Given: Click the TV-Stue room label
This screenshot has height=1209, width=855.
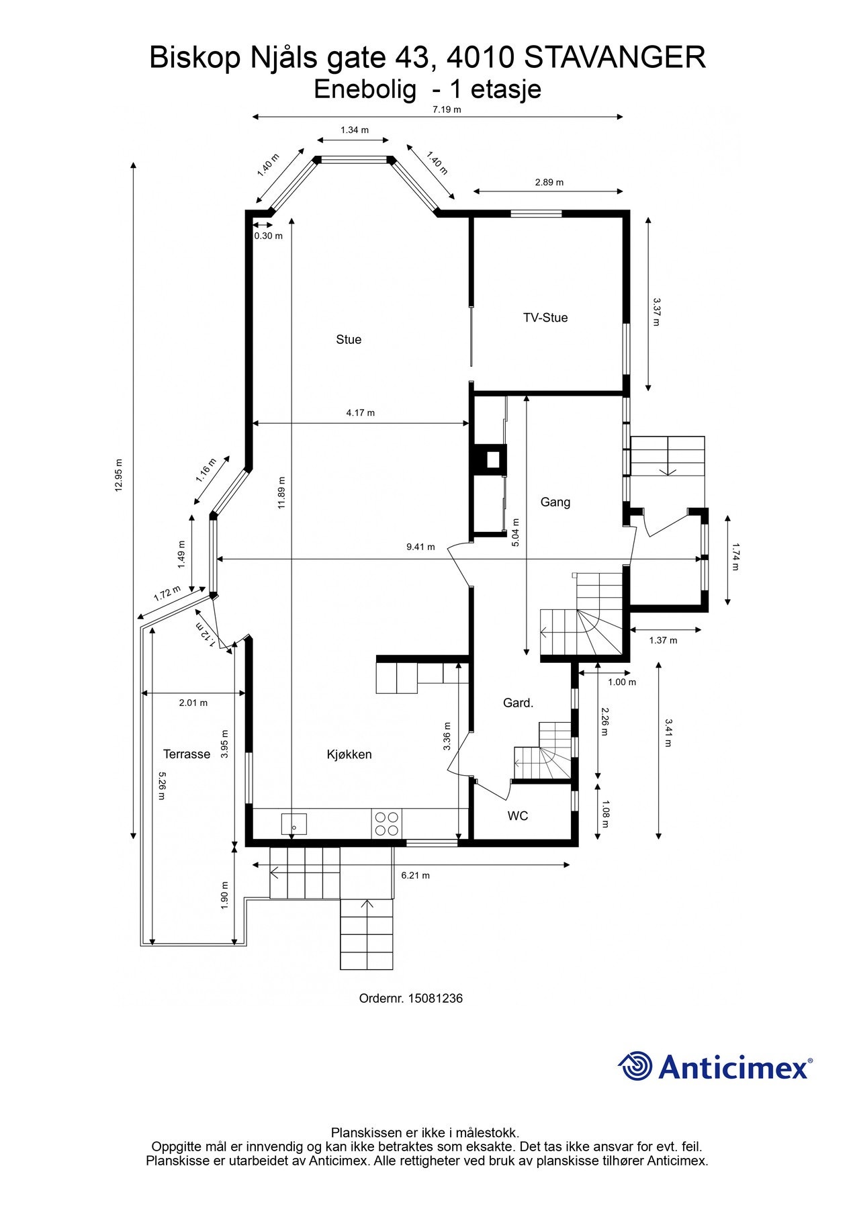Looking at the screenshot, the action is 545,318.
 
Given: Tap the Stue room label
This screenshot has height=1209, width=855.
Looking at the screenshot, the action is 349,340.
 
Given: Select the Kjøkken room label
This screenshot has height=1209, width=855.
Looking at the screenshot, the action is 349,754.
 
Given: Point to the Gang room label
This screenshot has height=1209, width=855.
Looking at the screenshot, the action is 555,502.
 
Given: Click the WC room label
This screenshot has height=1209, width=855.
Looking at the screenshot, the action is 518,816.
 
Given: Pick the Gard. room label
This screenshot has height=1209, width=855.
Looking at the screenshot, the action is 519,703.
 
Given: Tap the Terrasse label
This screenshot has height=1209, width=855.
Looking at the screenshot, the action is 187,754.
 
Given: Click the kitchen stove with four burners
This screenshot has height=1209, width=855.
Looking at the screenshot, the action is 386,823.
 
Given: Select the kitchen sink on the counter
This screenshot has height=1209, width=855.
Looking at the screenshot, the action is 294,823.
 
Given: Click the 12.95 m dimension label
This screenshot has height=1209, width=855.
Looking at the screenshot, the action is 119,476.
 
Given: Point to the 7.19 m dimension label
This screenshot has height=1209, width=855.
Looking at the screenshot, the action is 447,109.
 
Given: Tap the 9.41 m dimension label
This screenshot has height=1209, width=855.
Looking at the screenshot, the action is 420,547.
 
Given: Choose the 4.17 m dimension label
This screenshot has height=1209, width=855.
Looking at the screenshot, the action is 361,412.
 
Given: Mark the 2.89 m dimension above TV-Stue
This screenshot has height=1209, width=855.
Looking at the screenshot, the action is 549,182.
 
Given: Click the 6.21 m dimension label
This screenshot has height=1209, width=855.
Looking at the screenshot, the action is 415,875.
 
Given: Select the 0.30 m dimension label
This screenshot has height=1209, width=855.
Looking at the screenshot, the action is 268,236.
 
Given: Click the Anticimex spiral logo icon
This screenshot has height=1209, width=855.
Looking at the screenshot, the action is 635,1066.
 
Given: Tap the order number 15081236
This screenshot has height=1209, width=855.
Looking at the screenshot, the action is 437,998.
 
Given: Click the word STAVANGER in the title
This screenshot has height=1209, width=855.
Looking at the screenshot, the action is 615,58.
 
